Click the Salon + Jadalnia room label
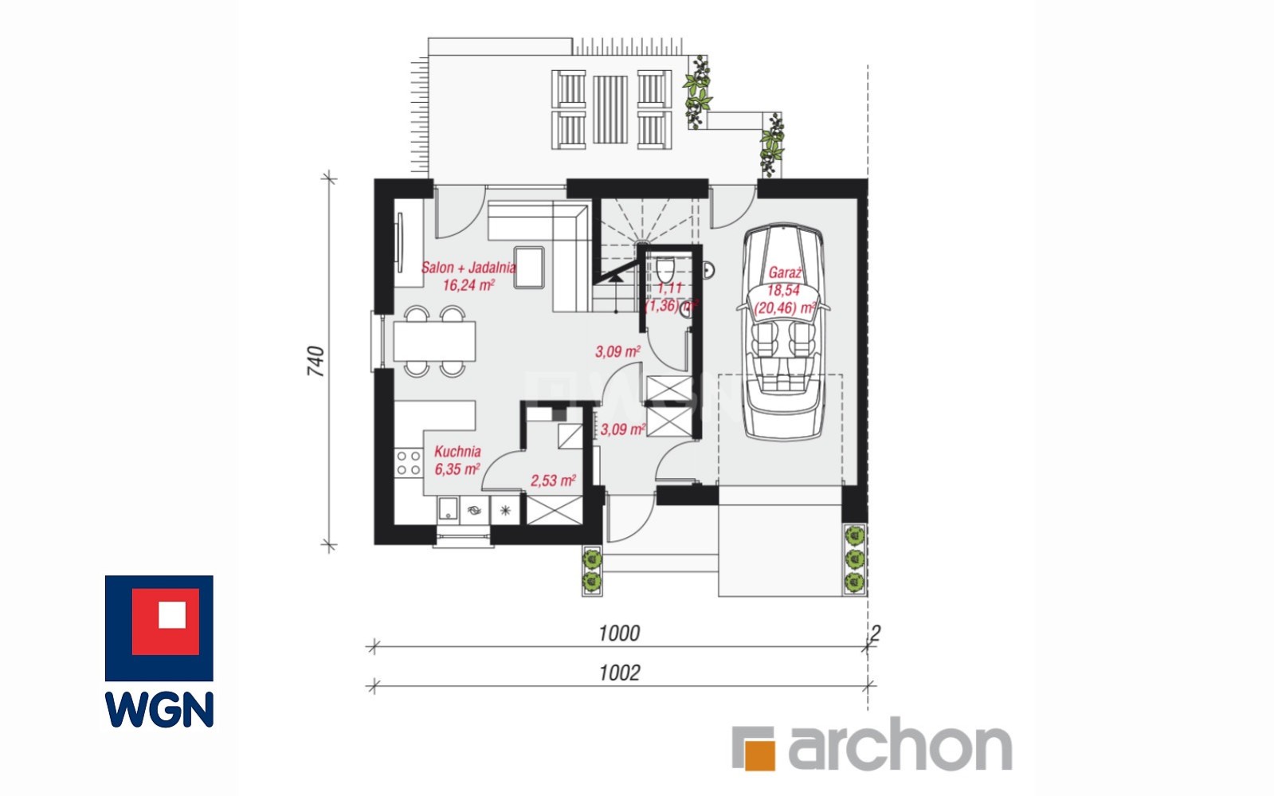click(x=468, y=268)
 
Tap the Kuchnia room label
click(x=457, y=451)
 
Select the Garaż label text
click(x=785, y=273)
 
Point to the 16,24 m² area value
click(x=468, y=285)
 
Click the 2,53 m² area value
click(x=553, y=480)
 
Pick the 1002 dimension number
click(x=619, y=673)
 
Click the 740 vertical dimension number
click(x=316, y=361)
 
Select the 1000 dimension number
click(x=619, y=633)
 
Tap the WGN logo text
click(x=159, y=709)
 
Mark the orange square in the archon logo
click(x=760, y=755)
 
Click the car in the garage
click(x=784, y=332)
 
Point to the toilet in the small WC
click(x=665, y=269)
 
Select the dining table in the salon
click(x=434, y=341)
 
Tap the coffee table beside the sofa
click(x=529, y=268)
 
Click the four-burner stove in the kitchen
click(x=409, y=463)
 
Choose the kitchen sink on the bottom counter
click(x=449, y=509)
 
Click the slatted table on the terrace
click(x=610, y=110)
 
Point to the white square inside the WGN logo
click(x=172, y=615)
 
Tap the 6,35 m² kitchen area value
click(x=457, y=469)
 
